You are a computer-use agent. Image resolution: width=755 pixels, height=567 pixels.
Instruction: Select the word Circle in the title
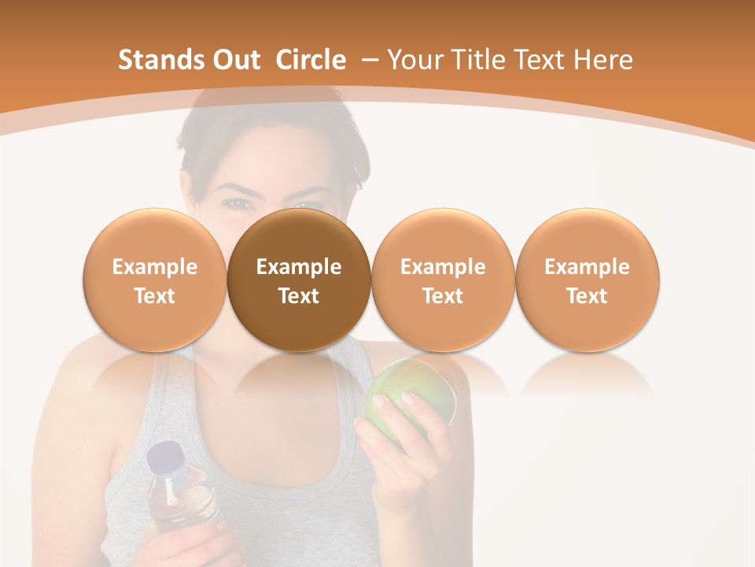tap(311, 60)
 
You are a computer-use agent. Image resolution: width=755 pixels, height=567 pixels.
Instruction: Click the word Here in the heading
tap(602, 60)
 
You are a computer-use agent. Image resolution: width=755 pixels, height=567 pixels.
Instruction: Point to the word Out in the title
tap(234, 60)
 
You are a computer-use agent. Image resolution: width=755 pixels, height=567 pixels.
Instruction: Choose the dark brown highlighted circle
tap(299, 280)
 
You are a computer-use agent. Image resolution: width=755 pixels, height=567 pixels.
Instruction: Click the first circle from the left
tap(154, 280)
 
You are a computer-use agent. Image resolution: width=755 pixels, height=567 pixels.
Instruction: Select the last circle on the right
tap(587, 280)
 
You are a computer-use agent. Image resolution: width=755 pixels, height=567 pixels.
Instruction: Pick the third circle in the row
tap(443, 280)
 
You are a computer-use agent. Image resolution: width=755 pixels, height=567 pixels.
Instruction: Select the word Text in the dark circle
tap(299, 296)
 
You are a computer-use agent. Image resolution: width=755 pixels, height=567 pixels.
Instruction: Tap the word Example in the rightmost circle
tap(587, 267)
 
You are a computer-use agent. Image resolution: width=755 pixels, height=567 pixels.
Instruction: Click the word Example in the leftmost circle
tap(154, 267)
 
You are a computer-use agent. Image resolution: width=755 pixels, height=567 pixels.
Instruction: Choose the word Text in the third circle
tap(443, 296)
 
